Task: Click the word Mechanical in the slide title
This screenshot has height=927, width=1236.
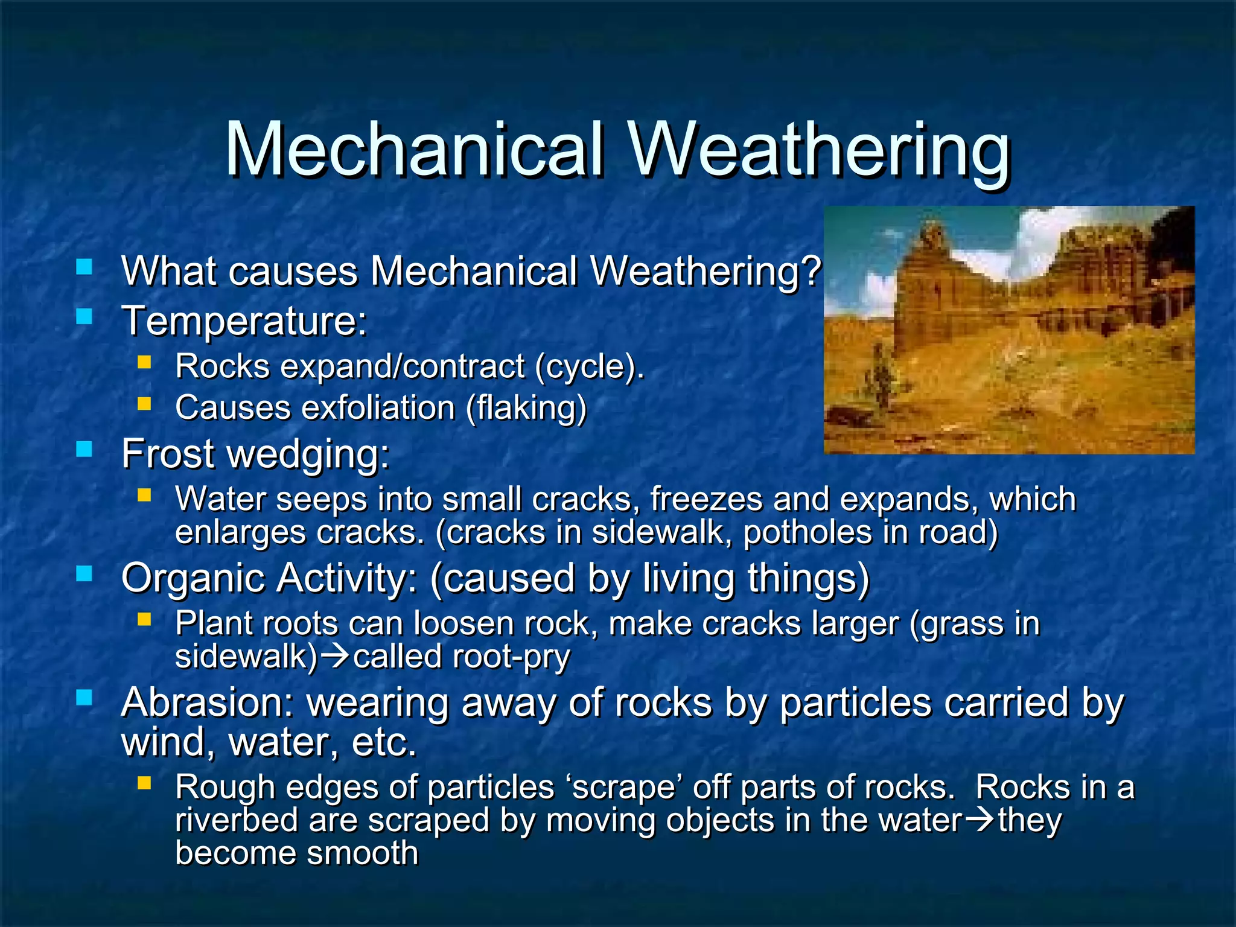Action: (414, 150)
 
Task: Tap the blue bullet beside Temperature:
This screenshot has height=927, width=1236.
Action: (84, 316)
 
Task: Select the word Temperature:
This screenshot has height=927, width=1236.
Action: (244, 321)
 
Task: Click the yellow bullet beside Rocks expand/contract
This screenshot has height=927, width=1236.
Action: (144, 362)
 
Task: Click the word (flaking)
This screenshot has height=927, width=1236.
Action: (526, 409)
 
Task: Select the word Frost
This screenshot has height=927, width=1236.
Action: (168, 453)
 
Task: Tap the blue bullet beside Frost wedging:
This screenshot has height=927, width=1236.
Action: (84, 448)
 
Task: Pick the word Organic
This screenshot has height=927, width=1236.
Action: (193, 578)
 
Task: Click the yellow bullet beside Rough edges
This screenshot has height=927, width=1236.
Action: (144, 783)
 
